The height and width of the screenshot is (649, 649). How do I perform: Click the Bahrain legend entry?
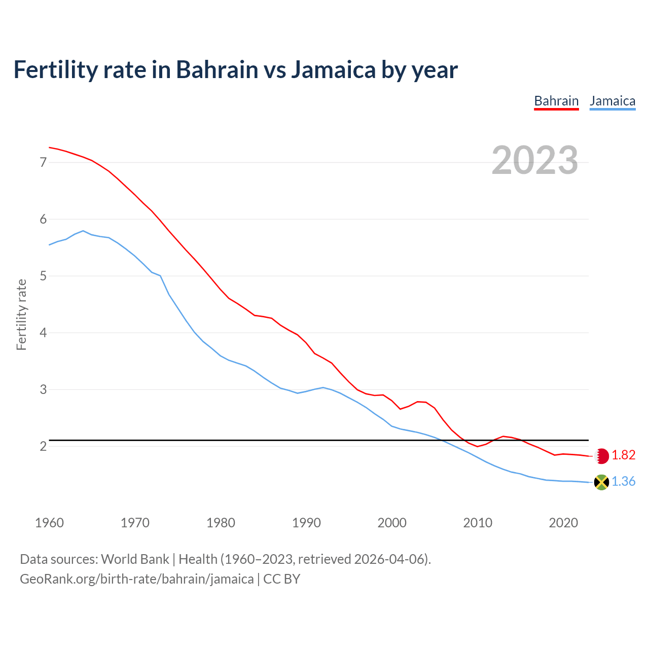tap(556, 101)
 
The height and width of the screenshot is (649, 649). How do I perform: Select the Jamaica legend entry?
tap(612, 101)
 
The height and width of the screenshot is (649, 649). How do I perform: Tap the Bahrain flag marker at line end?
tap(601, 456)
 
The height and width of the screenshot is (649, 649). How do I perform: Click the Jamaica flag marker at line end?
tap(601, 482)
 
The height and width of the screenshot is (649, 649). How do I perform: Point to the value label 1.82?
tap(623, 455)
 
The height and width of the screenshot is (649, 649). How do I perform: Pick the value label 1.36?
tap(623, 482)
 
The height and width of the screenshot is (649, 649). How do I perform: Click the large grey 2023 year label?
tap(535, 160)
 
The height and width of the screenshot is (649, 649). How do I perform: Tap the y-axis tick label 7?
tap(43, 163)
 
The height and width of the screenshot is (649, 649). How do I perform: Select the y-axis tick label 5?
tap(43, 276)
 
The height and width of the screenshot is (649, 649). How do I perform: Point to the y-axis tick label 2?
tap(43, 447)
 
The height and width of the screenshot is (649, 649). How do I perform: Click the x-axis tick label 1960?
tap(49, 523)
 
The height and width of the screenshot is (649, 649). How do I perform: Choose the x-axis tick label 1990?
tap(306, 523)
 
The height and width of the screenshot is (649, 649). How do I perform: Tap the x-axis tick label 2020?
tap(563, 523)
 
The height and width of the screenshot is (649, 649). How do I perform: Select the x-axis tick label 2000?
tap(392, 523)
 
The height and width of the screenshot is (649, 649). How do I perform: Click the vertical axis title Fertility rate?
tap(21, 314)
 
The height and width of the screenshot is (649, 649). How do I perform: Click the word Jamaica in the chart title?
tap(333, 70)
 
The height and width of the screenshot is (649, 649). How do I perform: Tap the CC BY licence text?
tap(282, 579)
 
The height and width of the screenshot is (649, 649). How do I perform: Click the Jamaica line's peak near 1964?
tap(83, 231)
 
